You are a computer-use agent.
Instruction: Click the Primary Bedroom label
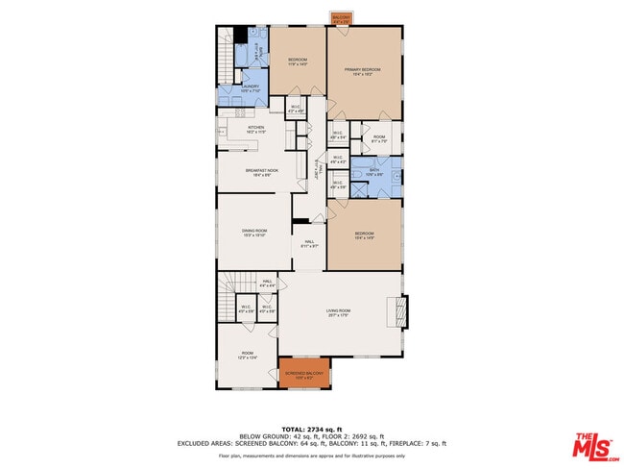[x=364, y=71]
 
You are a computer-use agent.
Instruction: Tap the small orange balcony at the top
[x=341, y=18]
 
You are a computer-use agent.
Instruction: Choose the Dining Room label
[x=254, y=232]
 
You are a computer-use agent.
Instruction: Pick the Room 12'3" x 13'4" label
[x=247, y=357]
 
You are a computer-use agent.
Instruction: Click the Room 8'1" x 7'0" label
[x=379, y=139]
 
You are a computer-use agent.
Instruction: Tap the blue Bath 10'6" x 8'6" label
[x=374, y=174]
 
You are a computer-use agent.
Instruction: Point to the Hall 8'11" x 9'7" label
[x=309, y=243]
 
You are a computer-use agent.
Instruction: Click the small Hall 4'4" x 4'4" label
[x=268, y=284]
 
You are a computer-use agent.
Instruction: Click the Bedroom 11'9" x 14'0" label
[x=298, y=63]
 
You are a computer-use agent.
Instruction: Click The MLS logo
[x=595, y=447]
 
